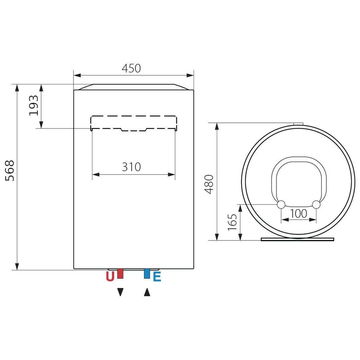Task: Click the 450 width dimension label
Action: [x=131, y=68]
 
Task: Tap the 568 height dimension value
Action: [x=10, y=171]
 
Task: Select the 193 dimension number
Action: [x=34, y=105]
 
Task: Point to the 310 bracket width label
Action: [x=131, y=167]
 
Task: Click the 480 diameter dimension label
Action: [x=209, y=184]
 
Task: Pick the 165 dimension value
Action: [x=232, y=222]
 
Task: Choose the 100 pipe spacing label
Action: [x=298, y=214]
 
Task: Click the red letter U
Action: [x=110, y=276]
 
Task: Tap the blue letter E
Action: [x=157, y=276]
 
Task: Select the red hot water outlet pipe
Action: [x=120, y=274]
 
